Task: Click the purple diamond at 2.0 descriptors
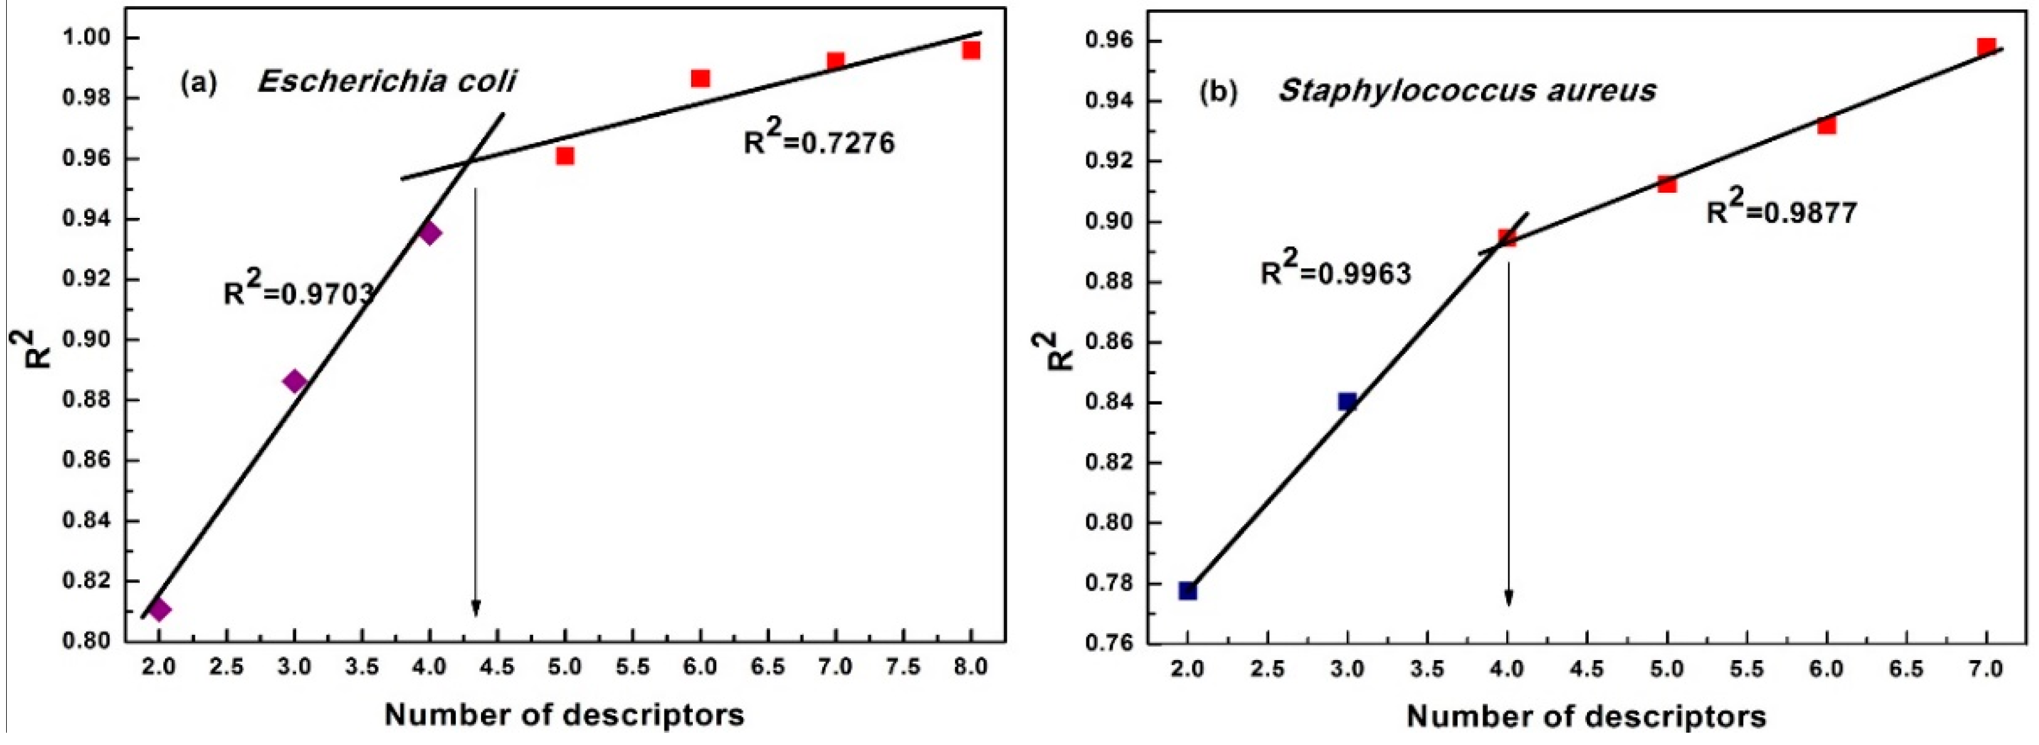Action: pyautogui.click(x=159, y=610)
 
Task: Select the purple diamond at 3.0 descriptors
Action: pyautogui.click(x=294, y=382)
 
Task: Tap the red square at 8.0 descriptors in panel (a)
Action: pyautogui.click(x=971, y=50)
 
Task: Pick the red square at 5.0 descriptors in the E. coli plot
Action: pyautogui.click(x=564, y=155)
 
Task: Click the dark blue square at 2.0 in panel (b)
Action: pyautogui.click(x=1187, y=590)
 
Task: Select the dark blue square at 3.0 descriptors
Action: pyautogui.click(x=1347, y=401)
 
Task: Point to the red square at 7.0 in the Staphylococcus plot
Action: pyautogui.click(x=1986, y=46)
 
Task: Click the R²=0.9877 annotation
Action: pyautogui.click(x=1781, y=211)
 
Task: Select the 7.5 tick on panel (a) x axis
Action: pyautogui.click(x=903, y=667)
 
